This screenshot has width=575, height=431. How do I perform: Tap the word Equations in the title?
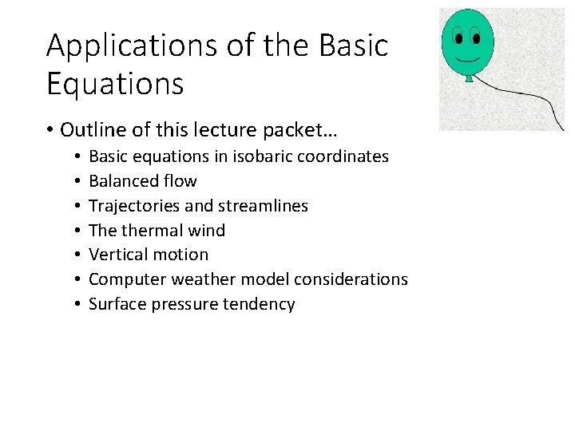115,83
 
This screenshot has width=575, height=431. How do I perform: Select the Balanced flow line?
142,181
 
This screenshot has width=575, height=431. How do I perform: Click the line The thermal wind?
157,231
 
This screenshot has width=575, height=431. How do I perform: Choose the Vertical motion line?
149,255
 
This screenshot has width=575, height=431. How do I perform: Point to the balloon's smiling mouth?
467,57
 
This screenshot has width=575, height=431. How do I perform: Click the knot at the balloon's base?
469,78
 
